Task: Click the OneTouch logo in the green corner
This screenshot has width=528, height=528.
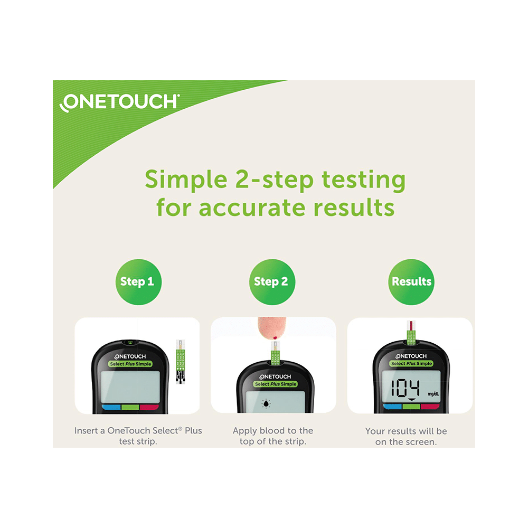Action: pyautogui.click(x=120, y=102)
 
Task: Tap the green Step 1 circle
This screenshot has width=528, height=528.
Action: pyautogui.click(x=137, y=281)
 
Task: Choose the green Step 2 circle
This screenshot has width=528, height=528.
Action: pyautogui.click(x=271, y=281)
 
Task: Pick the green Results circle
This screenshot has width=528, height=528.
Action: pyautogui.click(x=411, y=281)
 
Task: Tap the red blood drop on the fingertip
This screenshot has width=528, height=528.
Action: pyautogui.click(x=277, y=336)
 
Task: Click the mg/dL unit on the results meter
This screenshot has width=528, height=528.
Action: pyautogui.click(x=431, y=393)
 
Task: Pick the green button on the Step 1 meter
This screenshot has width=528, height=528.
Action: pyautogui.click(x=130, y=407)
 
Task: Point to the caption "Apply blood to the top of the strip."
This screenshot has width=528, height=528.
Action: pyautogui.click(x=272, y=436)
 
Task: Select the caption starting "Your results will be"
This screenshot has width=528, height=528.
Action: pyautogui.click(x=406, y=437)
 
